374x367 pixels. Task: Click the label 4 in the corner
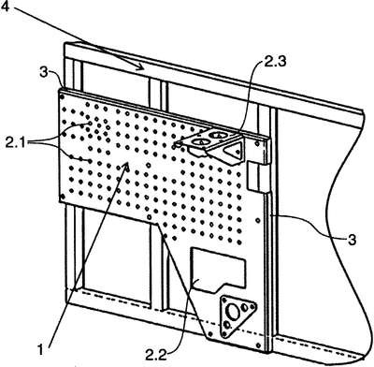6,6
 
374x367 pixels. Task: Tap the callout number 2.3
275,62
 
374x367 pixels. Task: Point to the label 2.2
156,355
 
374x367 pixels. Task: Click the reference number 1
40,349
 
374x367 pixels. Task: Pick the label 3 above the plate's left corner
44,73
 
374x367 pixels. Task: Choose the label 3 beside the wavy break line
352,240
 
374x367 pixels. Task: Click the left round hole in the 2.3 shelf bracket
200,142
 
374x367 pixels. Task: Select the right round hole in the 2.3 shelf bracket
218,135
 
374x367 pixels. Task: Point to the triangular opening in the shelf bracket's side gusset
235,151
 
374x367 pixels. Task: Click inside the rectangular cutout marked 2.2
218,269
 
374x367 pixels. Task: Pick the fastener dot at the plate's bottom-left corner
63,197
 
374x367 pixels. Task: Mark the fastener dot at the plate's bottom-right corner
258,345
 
